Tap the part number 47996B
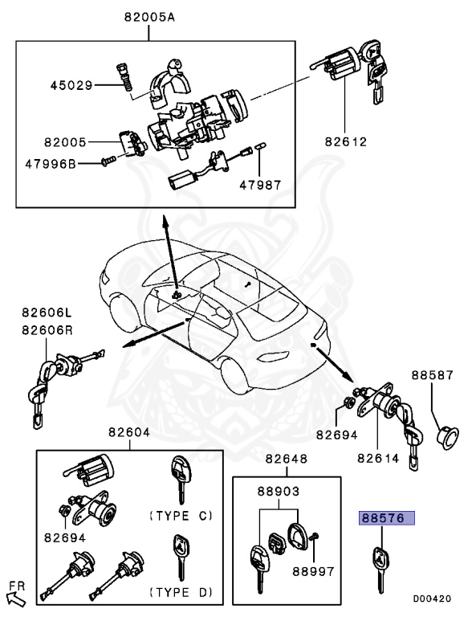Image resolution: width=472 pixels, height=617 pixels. click(72, 163)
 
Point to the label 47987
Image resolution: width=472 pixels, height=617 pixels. click(260, 184)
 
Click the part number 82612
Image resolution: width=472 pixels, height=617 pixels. click(345, 142)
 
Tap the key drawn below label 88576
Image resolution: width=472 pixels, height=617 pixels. click(376, 566)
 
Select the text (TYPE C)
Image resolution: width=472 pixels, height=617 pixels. click(181, 514)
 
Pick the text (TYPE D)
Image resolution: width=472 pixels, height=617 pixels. click(181, 592)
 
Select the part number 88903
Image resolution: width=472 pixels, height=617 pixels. click(279, 489)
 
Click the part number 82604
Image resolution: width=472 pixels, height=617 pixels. click(129, 432)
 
